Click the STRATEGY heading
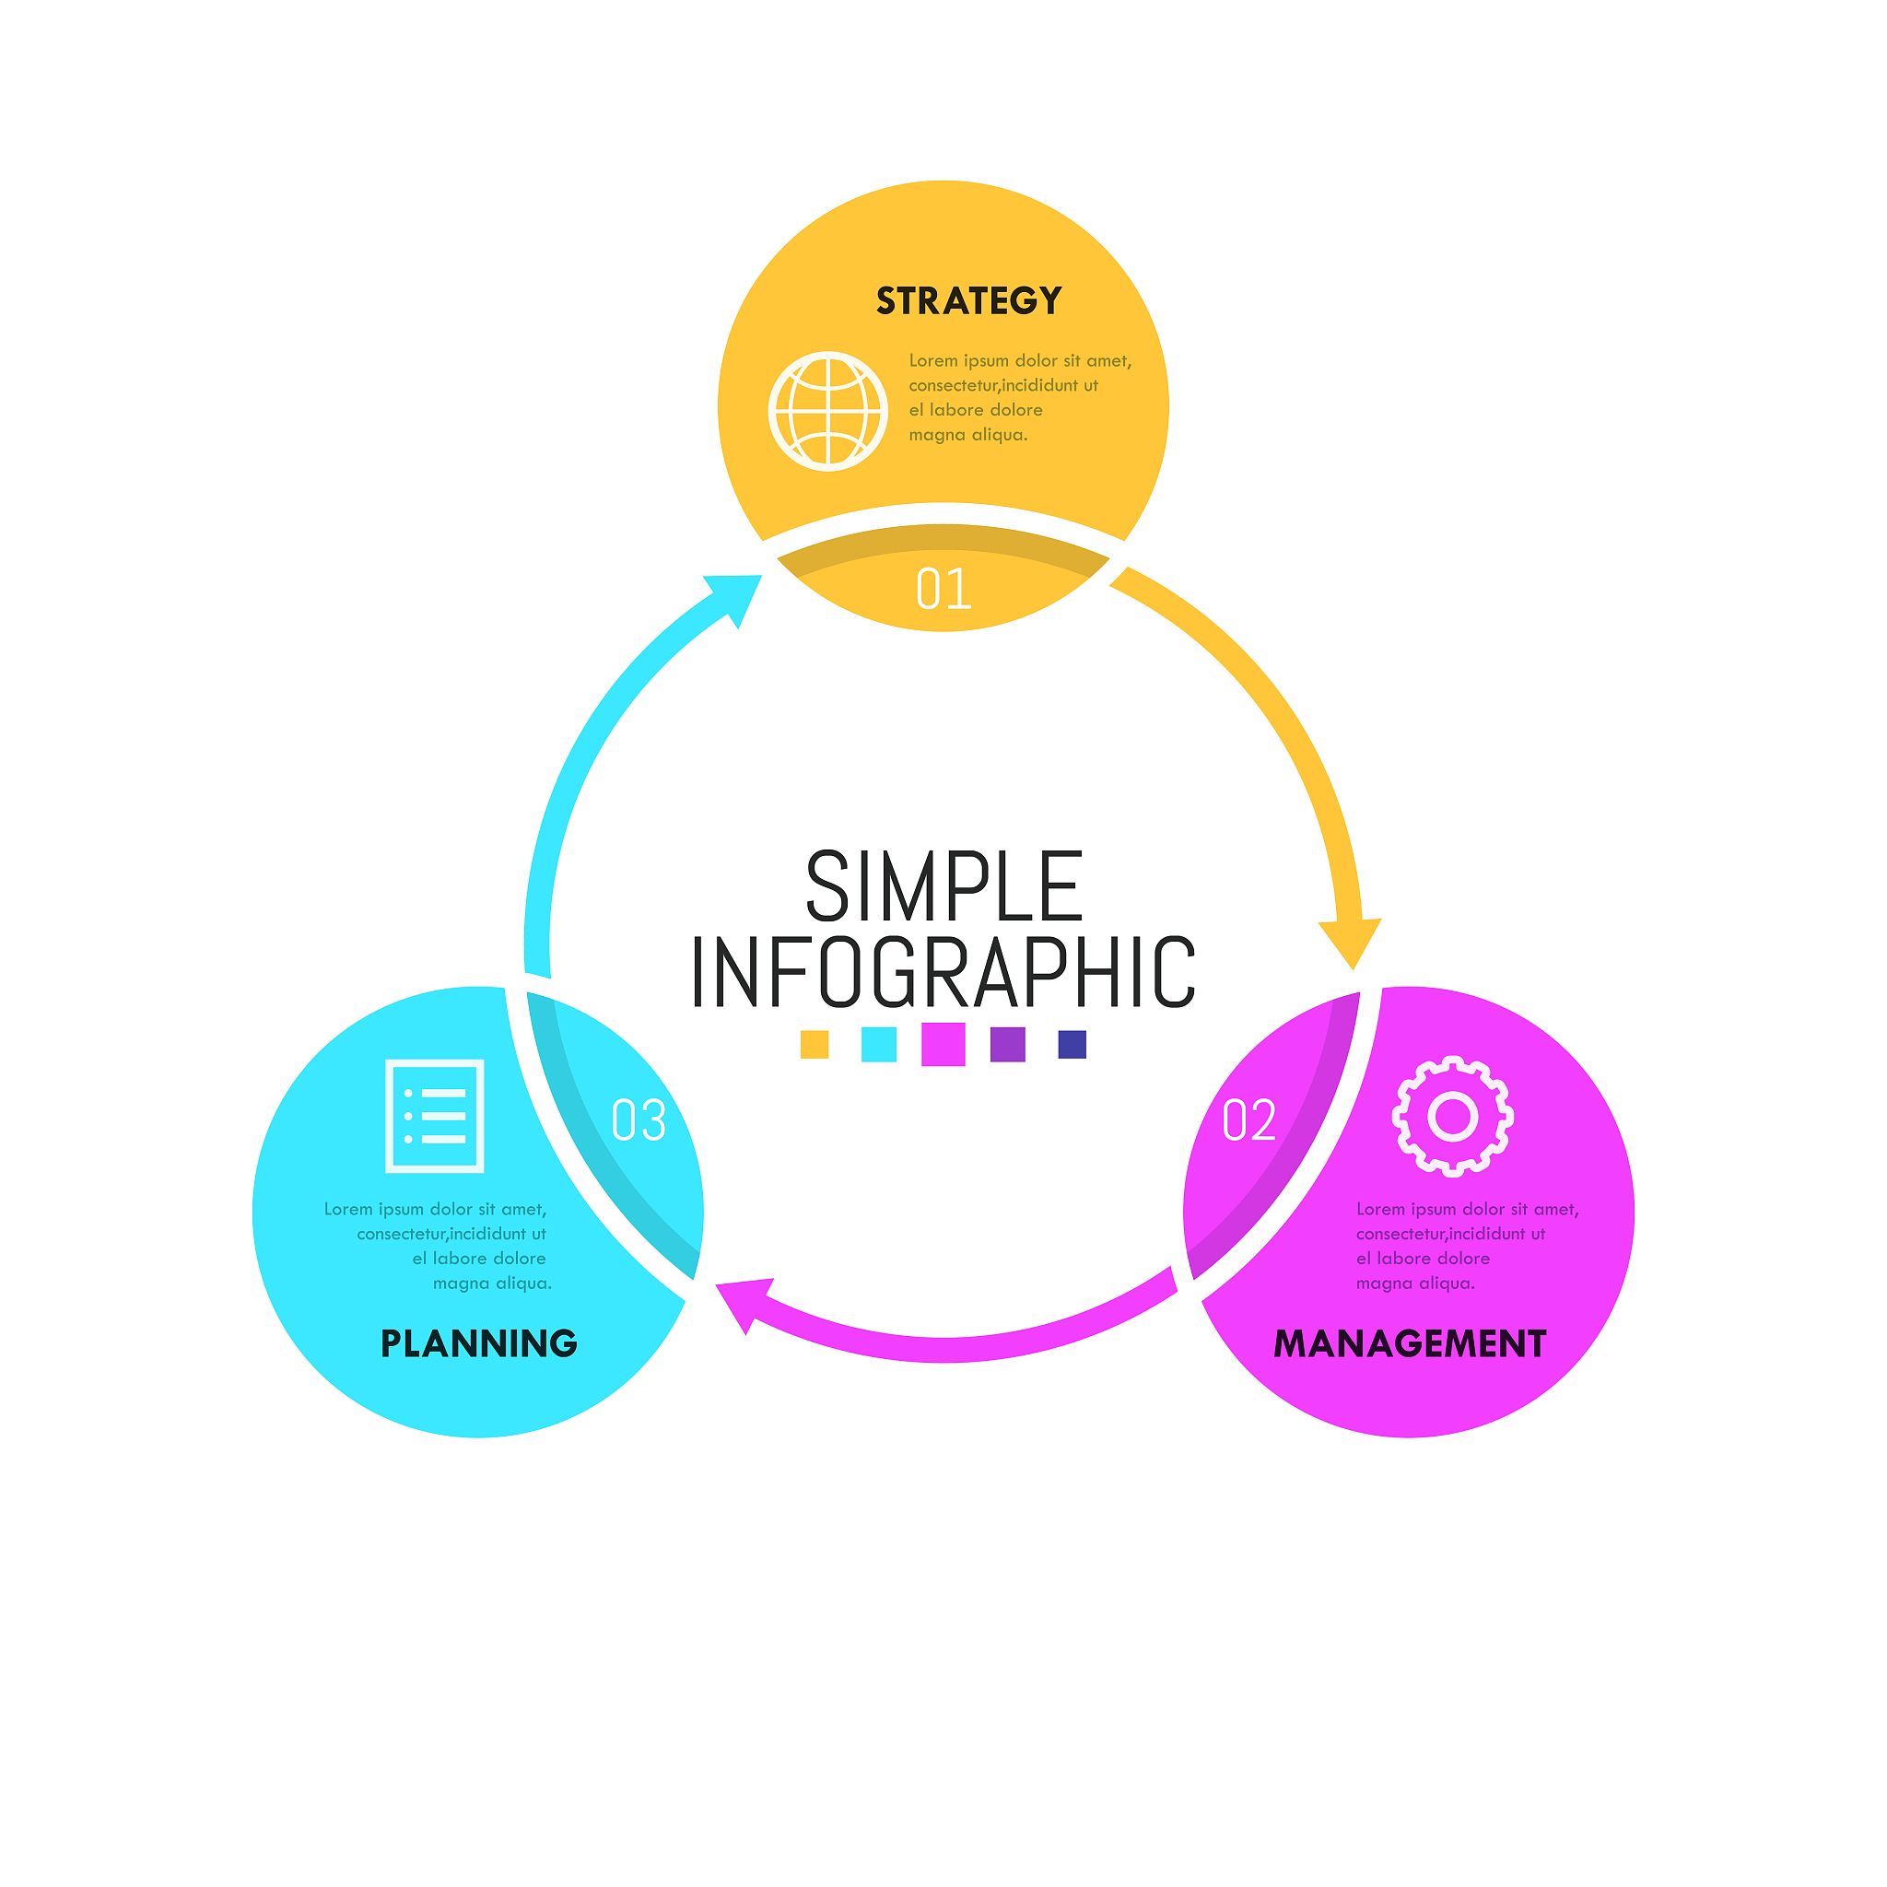[x=968, y=300]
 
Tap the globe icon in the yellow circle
[x=828, y=411]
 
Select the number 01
[x=943, y=589]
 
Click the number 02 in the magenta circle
[x=1249, y=1119]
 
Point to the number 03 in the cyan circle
[x=639, y=1119]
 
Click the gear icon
[x=1452, y=1116]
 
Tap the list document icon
[x=435, y=1116]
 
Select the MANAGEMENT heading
[x=1410, y=1344]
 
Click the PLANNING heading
[x=478, y=1344]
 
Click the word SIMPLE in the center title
[x=943, y=885]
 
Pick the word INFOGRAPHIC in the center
[x=943, y=972]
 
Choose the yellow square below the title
[x=815, y=1044]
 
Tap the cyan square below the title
[x=879, y=1044]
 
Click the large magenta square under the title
[x=943, y=1044]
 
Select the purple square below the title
[x=1008, y=1044]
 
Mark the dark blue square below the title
[x=1072, y=1044]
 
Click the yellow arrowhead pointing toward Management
[x=1352, y=940]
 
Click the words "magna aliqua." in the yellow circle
[x=968, y=436]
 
